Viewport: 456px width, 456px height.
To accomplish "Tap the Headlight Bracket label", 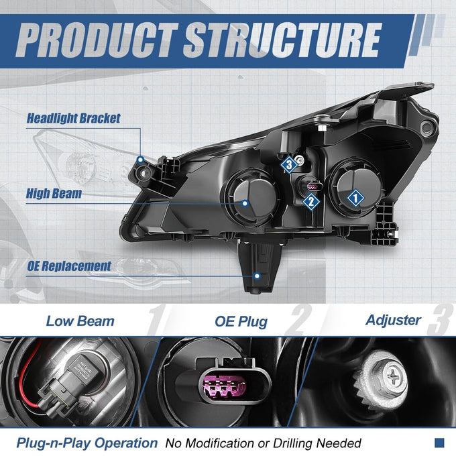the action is point(73,119).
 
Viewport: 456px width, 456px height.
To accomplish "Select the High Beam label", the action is point(54,194).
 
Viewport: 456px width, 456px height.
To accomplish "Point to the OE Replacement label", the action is point(69,266).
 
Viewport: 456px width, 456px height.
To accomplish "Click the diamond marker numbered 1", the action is point(355,198).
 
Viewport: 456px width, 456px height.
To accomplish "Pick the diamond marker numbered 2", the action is point(311,201).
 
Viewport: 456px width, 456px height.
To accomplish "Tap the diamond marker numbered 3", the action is point(289,165).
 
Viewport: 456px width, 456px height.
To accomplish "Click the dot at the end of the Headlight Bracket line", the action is point(141,160).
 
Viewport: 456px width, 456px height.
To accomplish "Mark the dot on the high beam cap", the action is point(245,203).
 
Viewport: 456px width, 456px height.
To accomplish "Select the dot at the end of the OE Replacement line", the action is point(257,276).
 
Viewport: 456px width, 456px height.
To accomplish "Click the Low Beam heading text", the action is point(80,321).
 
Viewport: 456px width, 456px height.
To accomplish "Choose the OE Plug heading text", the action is point(241,322).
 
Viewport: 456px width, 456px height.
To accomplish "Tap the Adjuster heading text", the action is point(393,320).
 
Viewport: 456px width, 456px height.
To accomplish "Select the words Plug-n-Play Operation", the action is point(87,443).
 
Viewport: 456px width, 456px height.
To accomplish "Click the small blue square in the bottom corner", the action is point(439,443).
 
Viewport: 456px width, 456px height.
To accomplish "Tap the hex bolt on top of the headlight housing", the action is point(323,128).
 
